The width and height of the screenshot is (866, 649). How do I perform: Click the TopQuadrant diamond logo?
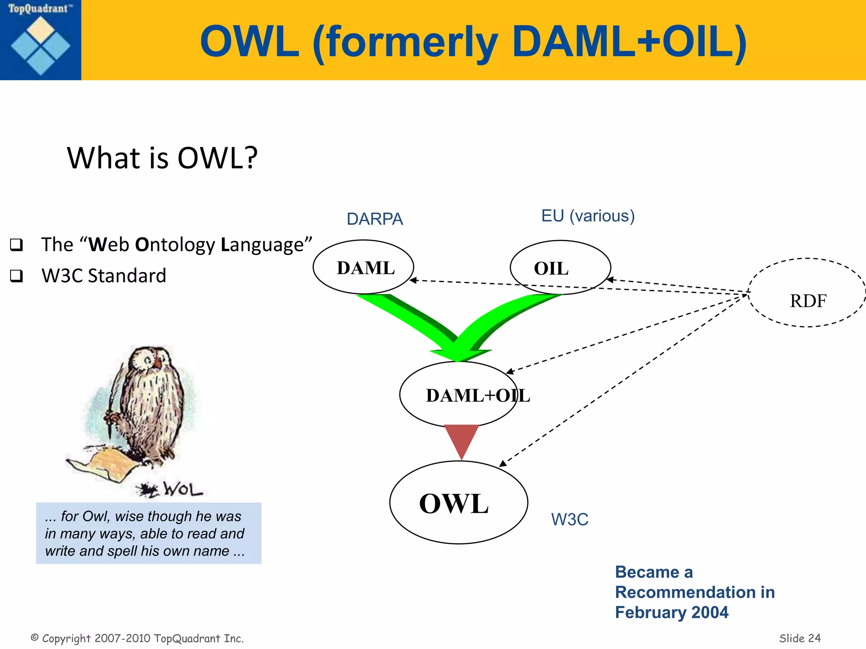(x=41, y=45)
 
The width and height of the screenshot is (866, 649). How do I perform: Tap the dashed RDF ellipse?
(x=807, y=293)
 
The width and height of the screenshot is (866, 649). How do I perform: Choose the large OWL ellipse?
(x=458, y=502)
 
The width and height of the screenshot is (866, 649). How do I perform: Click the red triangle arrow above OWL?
(x=461, y=439)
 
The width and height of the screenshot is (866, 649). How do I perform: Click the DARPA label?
(x=375, y=219)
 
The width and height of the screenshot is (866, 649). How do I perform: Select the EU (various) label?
(x=588, y=216)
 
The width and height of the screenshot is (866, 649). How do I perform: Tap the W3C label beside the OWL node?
(x=569, y=519)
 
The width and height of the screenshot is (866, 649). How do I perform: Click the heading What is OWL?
(x=162, y=158)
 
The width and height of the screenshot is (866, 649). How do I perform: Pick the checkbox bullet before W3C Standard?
(x=16, y=276)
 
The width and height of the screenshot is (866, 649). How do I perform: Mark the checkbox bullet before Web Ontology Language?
(x=16, y=245)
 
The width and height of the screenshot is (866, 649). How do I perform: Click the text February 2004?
(x=671, y=612)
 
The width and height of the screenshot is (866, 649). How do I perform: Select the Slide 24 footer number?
(x=799, y=638)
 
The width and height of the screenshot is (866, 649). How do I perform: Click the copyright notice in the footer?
(x=137, y=638)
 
